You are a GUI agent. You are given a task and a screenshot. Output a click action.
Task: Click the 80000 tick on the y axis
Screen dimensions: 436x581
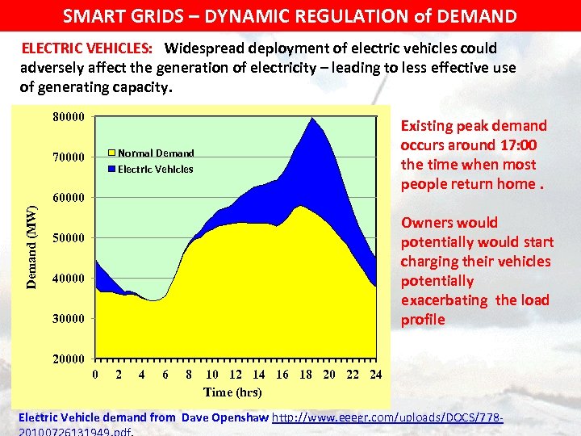click(x=69, y=116)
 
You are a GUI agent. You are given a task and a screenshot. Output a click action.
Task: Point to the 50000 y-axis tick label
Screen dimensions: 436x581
click(x=69, y=238)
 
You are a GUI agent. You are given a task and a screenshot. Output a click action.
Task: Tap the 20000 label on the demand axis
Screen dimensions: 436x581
click(x=69, y=358)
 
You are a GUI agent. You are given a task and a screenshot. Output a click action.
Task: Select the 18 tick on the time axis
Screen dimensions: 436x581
click(x=306, y=375)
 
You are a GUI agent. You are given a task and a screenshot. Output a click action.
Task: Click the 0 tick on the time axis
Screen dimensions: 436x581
click(x=96, y=375)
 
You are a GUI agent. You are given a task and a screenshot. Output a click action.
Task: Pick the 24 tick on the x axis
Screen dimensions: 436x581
click(x=375, y=375)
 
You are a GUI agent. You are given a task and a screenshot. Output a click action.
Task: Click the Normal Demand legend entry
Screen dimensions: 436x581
click(x=156, y=153)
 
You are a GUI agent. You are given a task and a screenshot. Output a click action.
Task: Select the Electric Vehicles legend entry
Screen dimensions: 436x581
click(x=155, y=169)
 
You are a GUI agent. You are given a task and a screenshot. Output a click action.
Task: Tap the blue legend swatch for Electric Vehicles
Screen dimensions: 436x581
click(x=112, y=169)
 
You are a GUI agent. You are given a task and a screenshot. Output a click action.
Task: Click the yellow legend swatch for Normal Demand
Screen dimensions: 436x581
click(x=112, y=153)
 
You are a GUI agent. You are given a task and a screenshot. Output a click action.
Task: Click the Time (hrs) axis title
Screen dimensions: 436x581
click(x=232, y=392)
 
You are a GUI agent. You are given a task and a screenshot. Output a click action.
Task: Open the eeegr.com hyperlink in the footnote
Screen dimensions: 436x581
click(x=388, y=417)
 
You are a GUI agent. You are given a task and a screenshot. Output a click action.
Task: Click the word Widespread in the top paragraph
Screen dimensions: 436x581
click(x=209, y=48)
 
